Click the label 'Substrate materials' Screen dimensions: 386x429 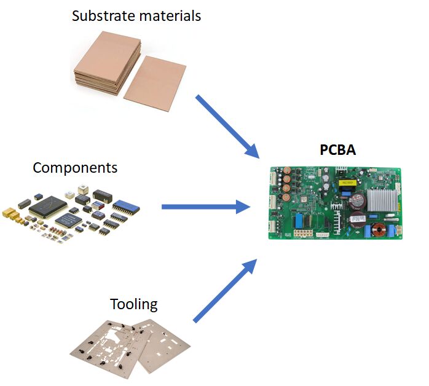pyautogui.click(x=136, y=15)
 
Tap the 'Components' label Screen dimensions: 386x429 pyautogui.click(x=75, y=167)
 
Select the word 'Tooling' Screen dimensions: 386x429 pyautogui.click(x=133, y=304)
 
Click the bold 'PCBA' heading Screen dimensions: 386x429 pyautogui.click(x=337, y=149)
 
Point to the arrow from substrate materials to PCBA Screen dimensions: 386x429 pyautogui.click(x=227, y=126)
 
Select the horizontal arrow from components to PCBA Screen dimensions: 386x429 pyautogui.click(x=206, y=207)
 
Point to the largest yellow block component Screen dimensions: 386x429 pyautogui.click(x=9, y=213)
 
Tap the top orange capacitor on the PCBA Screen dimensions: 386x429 pyautogui.click(x=286, y=170)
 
